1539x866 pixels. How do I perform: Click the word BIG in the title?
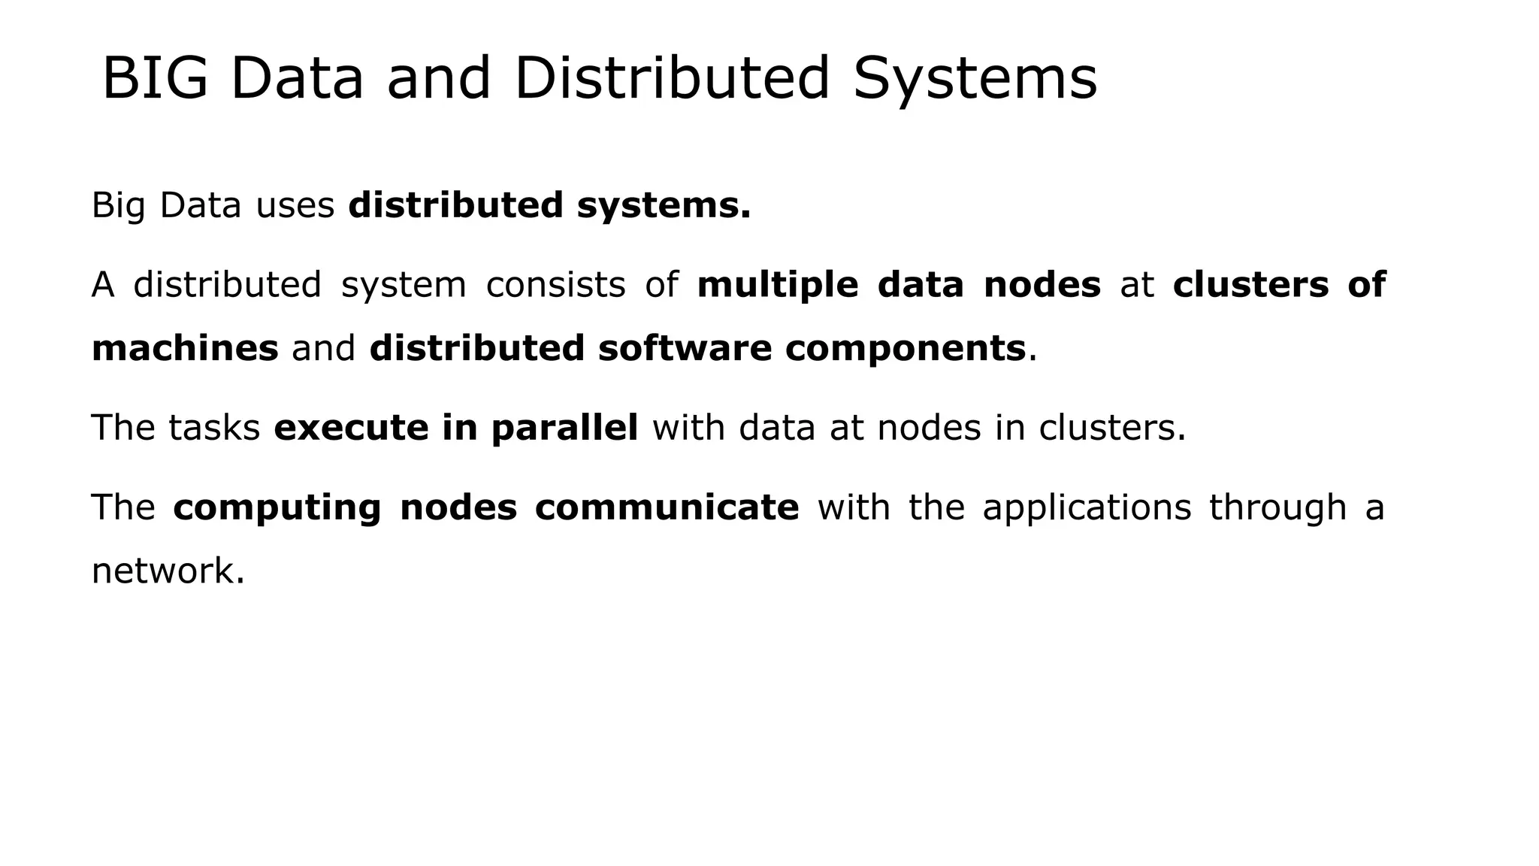click(155, 78)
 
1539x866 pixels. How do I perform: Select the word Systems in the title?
click(975, 78)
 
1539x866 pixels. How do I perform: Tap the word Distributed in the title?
click(672, 78)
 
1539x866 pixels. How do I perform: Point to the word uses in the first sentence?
click(295, 206)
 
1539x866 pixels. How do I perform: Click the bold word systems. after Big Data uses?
click(664, 206)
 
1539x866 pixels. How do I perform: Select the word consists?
click(555, 285)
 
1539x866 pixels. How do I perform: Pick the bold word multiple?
click(777, 285)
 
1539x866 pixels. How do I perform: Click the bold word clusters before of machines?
click(1250, 285)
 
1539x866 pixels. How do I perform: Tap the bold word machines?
click(185, 348)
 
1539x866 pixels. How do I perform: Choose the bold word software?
click(685, 348)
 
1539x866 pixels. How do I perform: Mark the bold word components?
click(906, 348)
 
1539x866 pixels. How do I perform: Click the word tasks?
click(214, 428)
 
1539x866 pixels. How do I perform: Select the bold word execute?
click(351, 428)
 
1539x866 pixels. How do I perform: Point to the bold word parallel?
click(564, 428)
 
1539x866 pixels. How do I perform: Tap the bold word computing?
click(277, 507)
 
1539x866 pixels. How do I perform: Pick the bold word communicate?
click(667, 507)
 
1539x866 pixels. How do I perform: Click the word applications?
click(1087, 507)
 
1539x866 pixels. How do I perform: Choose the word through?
click(1277, 507)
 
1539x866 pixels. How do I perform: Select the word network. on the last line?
click(168, 571)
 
